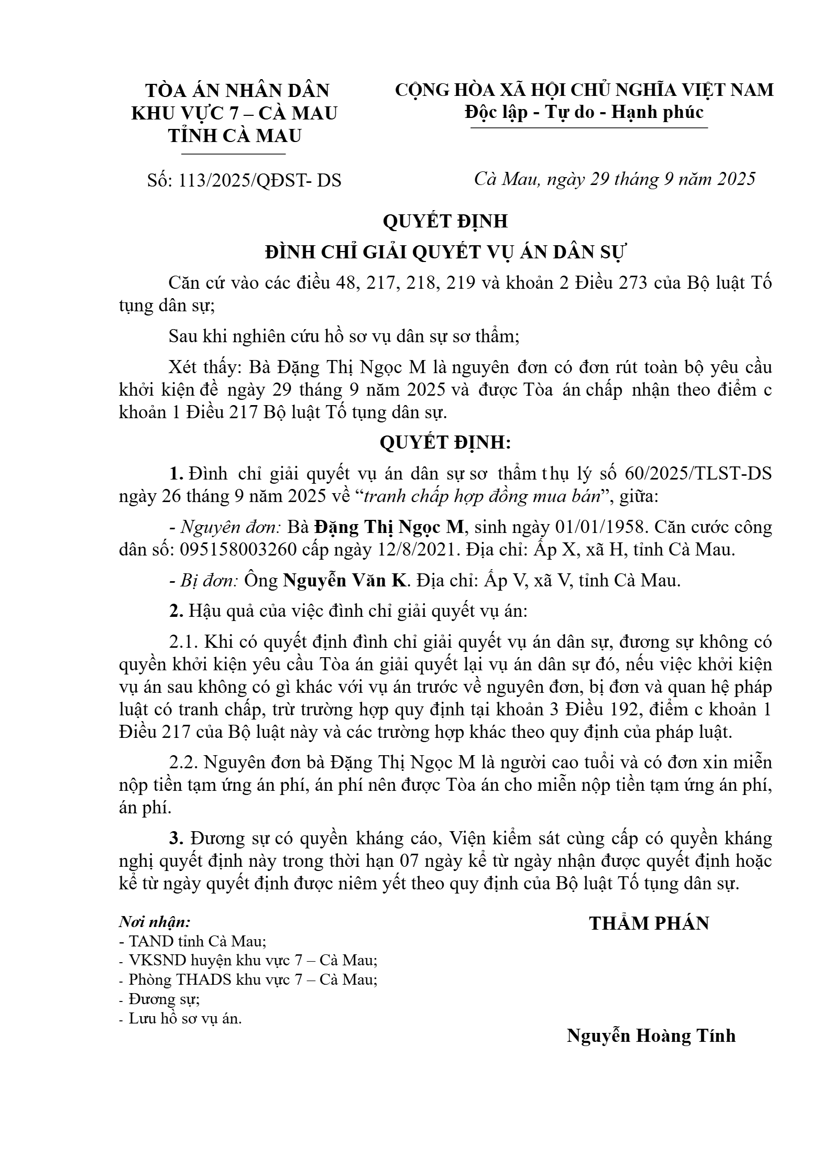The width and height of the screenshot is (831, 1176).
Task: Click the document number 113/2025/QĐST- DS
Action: (260, 180)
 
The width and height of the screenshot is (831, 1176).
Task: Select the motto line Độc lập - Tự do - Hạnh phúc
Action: (584, 112)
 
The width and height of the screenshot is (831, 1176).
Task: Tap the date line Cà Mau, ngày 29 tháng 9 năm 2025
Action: (614, 179)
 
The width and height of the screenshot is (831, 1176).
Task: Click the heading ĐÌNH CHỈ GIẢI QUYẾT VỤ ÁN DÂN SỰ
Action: (445, 252)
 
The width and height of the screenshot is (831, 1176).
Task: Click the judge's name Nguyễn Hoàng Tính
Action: (651, 1036)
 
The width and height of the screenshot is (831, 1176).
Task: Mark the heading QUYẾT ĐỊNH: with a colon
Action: (445, 443)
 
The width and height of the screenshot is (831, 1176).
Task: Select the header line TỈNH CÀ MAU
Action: (235, 136)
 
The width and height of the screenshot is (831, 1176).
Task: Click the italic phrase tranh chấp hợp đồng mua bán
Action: (481, 496)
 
